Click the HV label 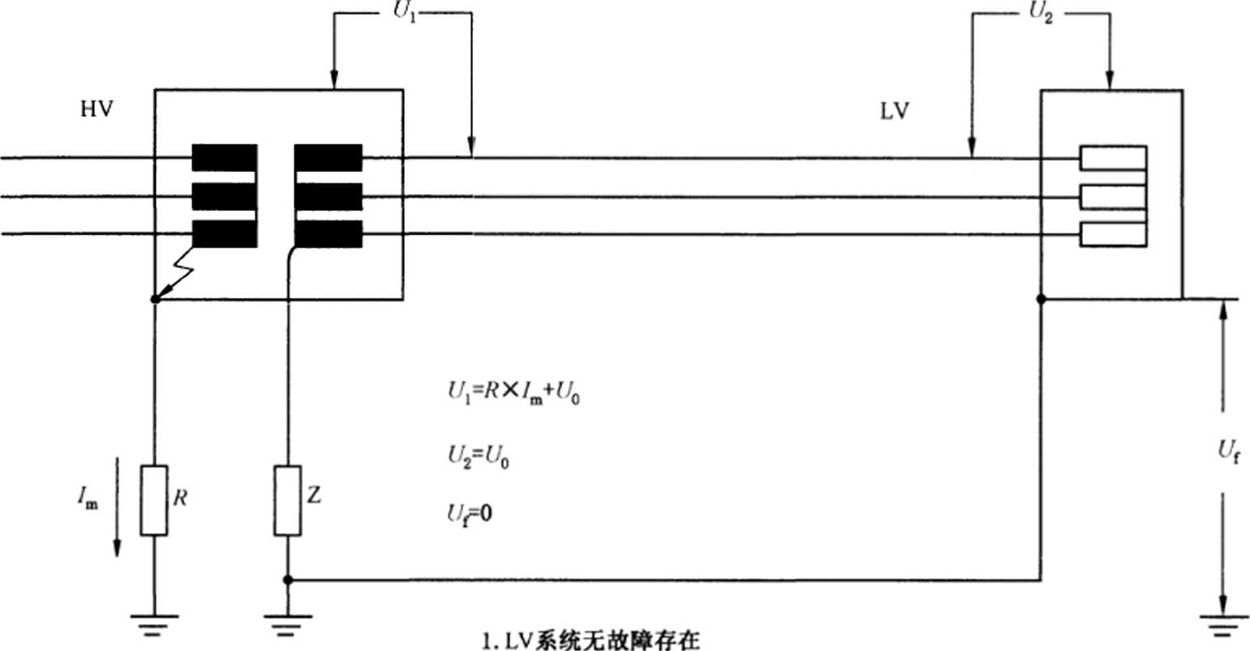[x=97, y=109]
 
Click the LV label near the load [x=895, y=112]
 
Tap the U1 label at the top [x=405, y=11]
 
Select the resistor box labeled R [x=154, y=500]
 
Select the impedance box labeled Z [x=287, y=500]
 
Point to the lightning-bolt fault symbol [x=174, y=274]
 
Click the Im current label [x=88, y=497]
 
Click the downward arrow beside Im [x=117, y=507]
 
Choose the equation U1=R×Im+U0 [x=514, y=393]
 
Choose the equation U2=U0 [x=479, y=457]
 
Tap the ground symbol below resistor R [x=154, y=625]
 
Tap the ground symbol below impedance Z [x=287, y=625]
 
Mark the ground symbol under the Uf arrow [x=1223, y=626]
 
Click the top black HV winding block [x=225, y=157]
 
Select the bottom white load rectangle [x=1113, y=235]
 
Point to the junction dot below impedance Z [x=287, y=580]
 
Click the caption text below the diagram [x=591, y=640]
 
